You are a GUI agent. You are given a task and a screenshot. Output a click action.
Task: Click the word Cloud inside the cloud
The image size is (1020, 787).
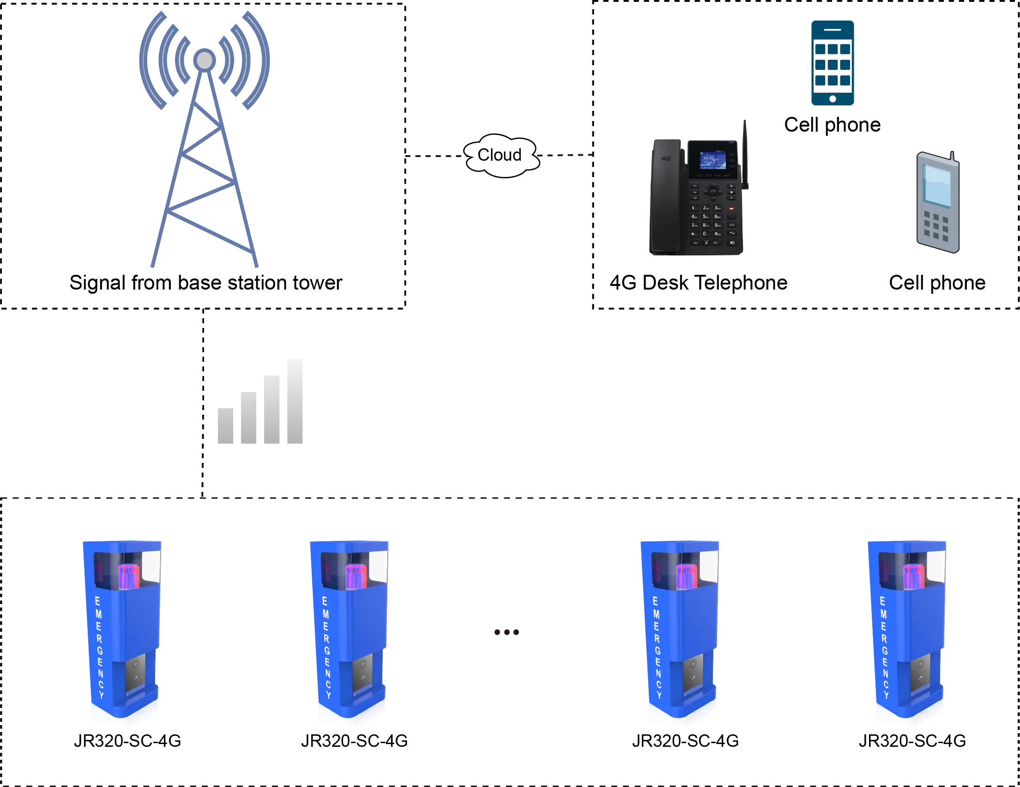[x=499, y=155]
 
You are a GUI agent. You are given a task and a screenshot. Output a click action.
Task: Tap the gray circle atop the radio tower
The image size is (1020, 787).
[x=205, y=60]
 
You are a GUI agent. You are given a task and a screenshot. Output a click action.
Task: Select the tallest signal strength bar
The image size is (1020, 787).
[x=293, y=402]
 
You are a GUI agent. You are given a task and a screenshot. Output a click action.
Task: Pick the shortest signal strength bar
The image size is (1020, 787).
[x=225, y=426]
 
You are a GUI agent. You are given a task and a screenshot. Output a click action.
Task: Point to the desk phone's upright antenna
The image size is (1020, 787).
[x=745, y=154]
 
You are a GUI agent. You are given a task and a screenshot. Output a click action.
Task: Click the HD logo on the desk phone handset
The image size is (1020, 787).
[x=666, y=159]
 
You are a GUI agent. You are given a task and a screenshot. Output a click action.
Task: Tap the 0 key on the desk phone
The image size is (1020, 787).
[x=705, y=234]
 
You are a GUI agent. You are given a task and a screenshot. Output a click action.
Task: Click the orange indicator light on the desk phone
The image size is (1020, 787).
[x=731, y=209]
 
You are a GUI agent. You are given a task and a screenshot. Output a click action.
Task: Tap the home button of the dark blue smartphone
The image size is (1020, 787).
[x=832, y=98]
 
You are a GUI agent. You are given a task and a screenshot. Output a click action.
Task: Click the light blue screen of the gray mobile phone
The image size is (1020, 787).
[x=937, y=186]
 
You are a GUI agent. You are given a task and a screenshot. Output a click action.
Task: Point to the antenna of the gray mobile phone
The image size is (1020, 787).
[x=951, y=156]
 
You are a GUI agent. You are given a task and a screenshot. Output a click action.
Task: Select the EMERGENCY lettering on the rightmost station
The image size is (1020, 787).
[x=884, y=647]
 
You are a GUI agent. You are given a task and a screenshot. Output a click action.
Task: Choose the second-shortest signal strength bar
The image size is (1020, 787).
[x=249, y=419]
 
